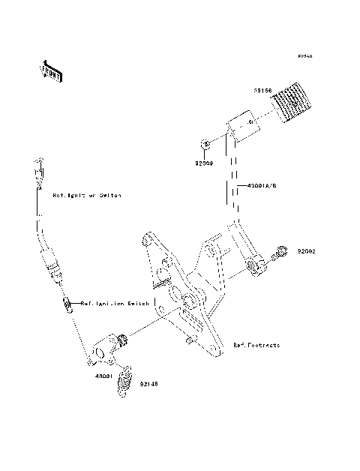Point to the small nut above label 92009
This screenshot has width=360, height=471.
click(x=204, y=144)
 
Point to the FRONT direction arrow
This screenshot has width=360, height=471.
click(x=52, y=70)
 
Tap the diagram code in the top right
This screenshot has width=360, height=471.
click(x=304, y=56)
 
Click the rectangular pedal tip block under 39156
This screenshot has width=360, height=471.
click(x=242, y=126)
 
